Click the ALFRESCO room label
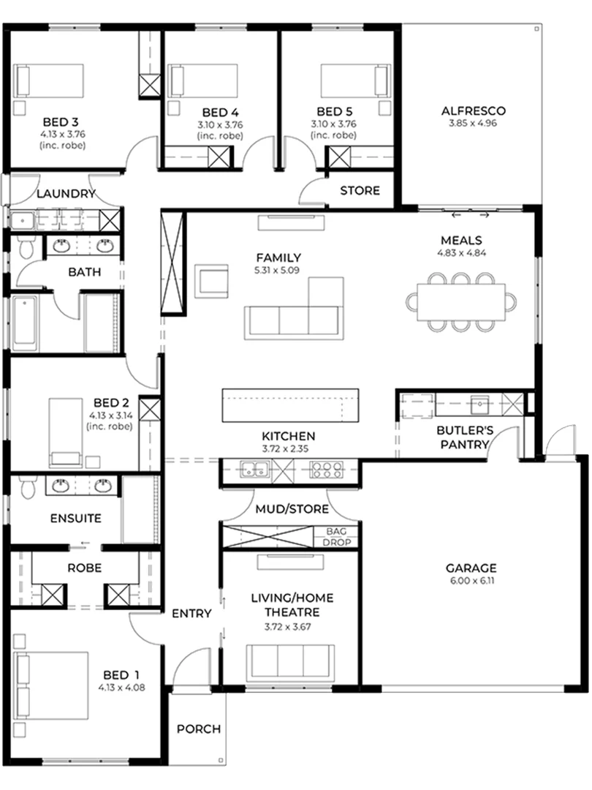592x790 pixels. click(473, 111)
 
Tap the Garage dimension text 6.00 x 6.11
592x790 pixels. click(471, 581)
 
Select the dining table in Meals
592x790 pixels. click(460, 302)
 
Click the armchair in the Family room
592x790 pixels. click(211, 281)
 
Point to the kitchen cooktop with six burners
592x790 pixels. click(326, 470)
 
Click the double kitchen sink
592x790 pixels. click(254, 470)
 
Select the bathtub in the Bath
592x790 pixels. click(25, 323)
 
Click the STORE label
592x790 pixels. click(360, 190)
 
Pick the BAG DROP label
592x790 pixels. click(336, 537)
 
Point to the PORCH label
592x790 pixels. click(199, 729)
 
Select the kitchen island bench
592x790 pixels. click(290, 405)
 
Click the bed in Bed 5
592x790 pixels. click(355, 80)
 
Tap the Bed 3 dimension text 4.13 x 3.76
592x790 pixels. click(63, 135)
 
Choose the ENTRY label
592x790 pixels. click(191, 614)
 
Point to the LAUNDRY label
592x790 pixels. click(66, 193)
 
